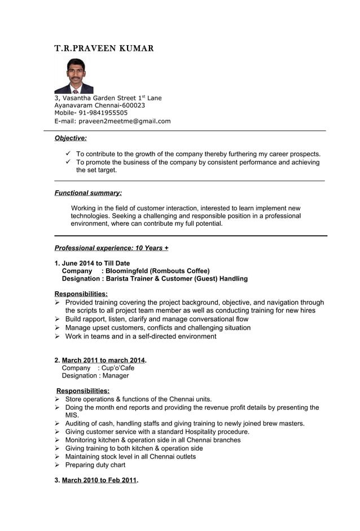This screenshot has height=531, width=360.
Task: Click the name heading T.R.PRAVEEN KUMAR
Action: pyautogui.click(x=104, y=49)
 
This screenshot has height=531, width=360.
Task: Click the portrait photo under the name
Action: pyautogui.click(x=73, y=76)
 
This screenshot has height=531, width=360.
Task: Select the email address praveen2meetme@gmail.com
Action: pyautogui.click(x=124, y=121)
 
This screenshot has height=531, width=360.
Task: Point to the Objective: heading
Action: pyautogui.click(x=71, y=138)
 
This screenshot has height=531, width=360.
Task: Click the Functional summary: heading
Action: pyautogui.click(x=88, y=193)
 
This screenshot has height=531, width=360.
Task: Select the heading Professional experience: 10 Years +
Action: pyautogui.click(x=111, y=248)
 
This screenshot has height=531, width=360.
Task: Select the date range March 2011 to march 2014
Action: pyautogui.click(x=103, y=361)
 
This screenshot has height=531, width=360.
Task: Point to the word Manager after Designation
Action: pyautogui.click(x=115, y=376)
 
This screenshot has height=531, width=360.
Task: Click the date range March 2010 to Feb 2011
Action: pyautogui.click(x=99, y=480)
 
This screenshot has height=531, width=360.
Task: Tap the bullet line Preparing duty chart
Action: pyautogui.click(x=95, y=465)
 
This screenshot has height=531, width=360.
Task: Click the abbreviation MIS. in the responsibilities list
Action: pyautogui.click(x=72, y=415)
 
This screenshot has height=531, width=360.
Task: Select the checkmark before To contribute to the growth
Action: pyautogui.click(x=68, y=153)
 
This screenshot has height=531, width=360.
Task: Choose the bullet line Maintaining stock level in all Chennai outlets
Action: pyautogui.click(x=130, y=457)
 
